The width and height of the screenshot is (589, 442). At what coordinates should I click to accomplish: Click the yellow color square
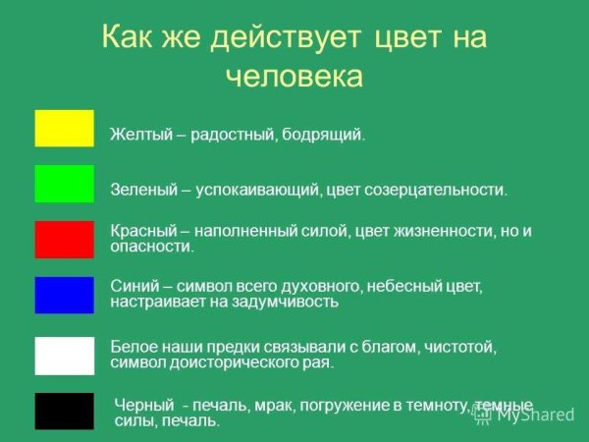click(64, 128)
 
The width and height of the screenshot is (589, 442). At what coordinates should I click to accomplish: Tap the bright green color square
click(64, 184)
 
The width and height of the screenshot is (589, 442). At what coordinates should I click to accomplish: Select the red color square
click(64, 239)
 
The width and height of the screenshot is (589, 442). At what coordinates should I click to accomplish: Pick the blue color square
click(64, 295)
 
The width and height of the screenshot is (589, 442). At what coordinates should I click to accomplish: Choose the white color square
click(64, 355)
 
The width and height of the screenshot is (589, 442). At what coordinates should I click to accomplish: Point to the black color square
click(64, 411)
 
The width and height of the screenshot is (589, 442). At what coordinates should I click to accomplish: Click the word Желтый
click(135, 134)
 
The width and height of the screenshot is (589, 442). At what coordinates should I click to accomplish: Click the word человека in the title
click(294, 77)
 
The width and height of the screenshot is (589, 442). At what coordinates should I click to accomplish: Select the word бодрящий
click(327, 134)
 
